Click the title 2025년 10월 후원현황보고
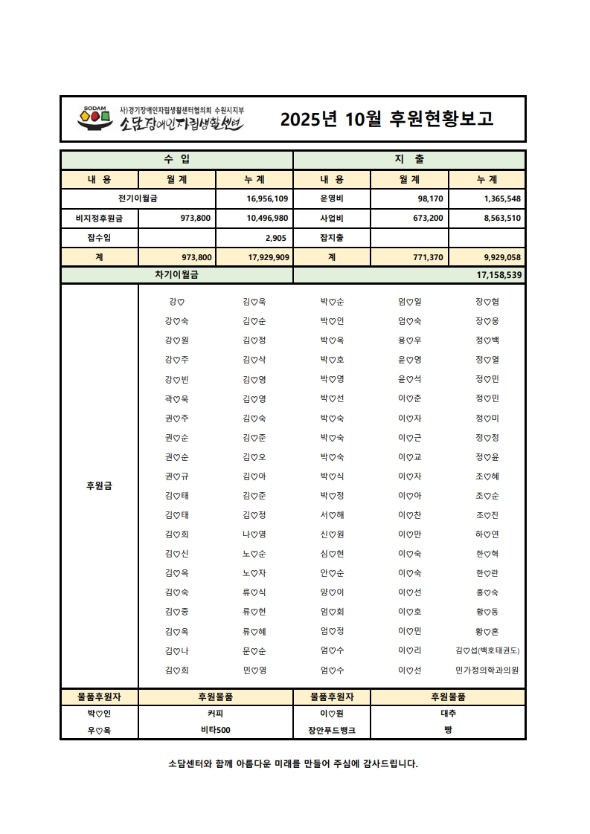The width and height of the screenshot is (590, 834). click(386, 119)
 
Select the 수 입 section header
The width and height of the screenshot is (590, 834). click(176, 160)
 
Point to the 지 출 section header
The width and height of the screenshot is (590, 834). click(409, 160)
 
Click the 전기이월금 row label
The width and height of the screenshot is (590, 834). click(138, 199)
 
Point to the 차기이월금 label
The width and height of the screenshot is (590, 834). click(176, 275)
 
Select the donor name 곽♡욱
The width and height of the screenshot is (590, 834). click(176, 399)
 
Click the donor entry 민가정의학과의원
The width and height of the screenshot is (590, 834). click(487, 670)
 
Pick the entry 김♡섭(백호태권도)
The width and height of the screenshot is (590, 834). click(487, 651)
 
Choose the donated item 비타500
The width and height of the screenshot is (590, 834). click(216, 730)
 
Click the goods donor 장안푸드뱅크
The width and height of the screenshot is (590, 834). click(332, 730)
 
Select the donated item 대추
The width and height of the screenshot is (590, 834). click(448, 713)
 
